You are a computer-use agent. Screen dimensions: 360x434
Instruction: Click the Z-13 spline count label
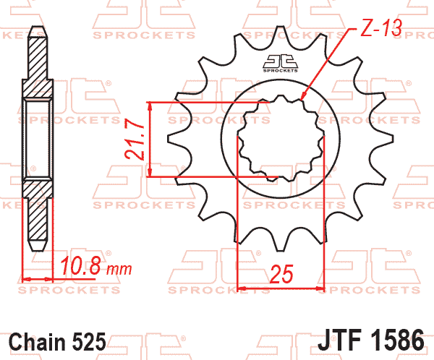click(381, 30)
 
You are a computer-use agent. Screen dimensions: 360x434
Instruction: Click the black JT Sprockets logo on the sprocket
click(279, 63)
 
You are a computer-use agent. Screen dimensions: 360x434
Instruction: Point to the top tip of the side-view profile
click(37, 30)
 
